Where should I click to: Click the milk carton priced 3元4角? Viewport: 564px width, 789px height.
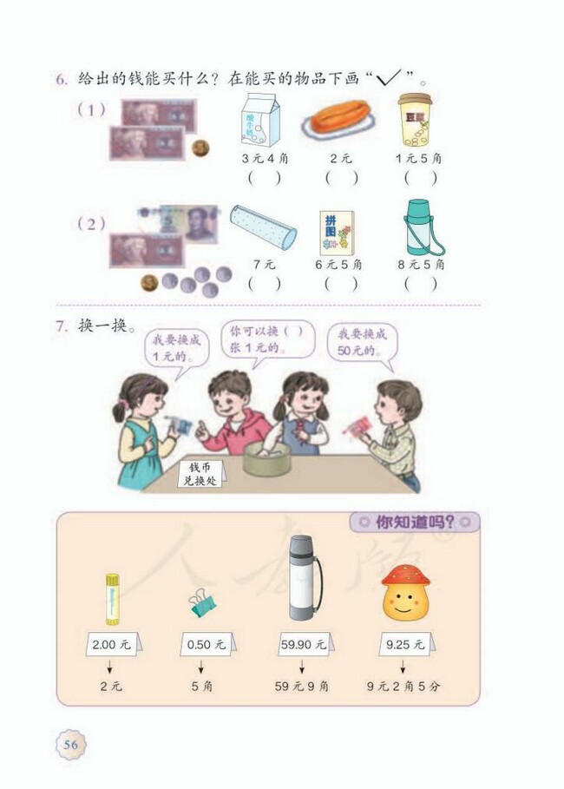coord(259,121)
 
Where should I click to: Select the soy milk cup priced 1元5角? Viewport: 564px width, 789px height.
coord(416,119)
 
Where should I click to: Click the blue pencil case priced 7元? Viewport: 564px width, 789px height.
coord(263,227)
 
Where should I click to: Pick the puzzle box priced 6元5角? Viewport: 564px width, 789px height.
coord(337,232)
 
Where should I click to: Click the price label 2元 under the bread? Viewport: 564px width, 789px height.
coord(340,159)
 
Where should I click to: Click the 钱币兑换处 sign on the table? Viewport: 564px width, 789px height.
coord(200,473)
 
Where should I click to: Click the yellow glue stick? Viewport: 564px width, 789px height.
coord(112,598)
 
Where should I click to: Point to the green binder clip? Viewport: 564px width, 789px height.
coord(202,604)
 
